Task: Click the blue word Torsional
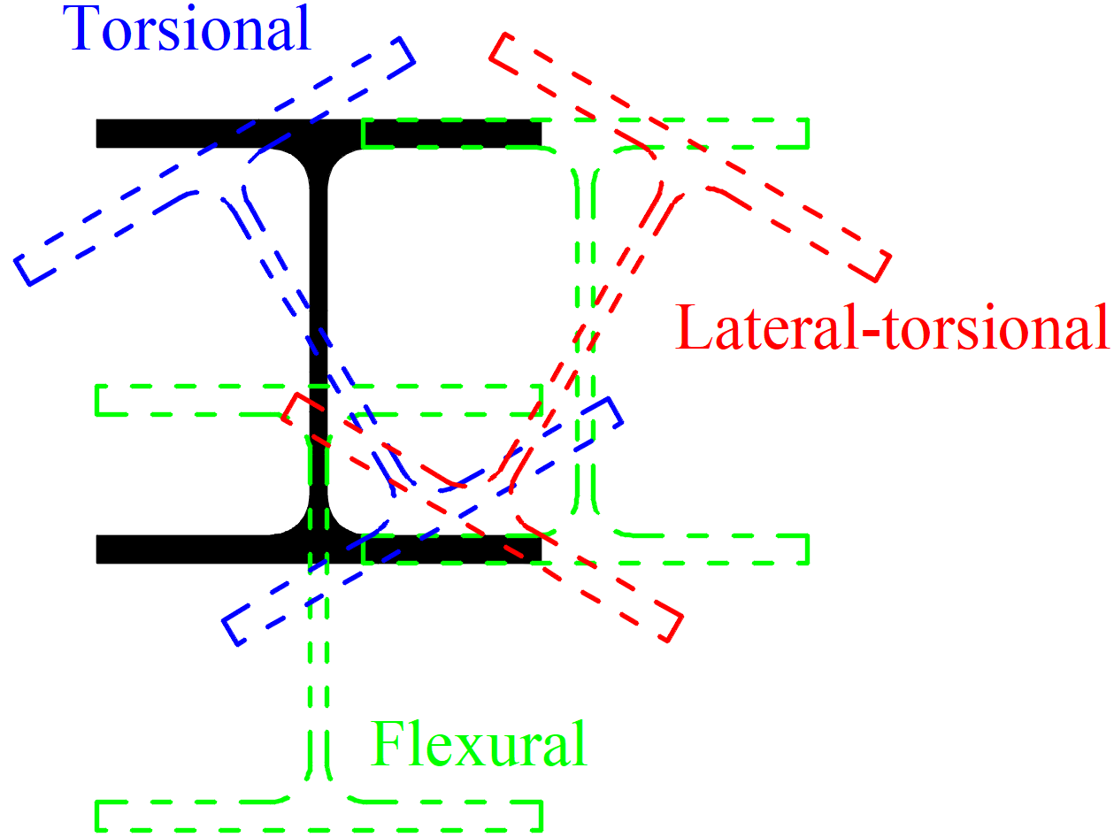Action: pos(186,28)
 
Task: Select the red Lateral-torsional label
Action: pos(892,327)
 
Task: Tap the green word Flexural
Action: pos(479,745)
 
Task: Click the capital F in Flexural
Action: pos(388,743)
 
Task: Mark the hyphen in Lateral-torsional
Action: pos(872,334)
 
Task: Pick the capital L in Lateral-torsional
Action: pos(694,326)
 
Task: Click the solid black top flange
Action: pos(319,134)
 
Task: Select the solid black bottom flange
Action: pos(319,549)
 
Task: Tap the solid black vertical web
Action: pos(319,341)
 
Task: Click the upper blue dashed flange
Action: pos(215,161)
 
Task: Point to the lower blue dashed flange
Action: pos(422,521)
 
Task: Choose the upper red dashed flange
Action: pos(690,157)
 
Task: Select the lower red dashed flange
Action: pos(482,518)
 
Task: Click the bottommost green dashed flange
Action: pos(319,816)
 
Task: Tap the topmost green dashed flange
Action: pos(585,134)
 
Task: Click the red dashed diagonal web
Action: pos(586,337)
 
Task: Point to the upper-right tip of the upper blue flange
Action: pos(401,37)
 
